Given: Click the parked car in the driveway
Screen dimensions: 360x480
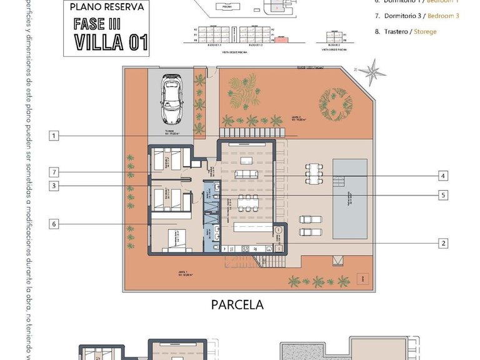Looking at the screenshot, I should click(171, 99).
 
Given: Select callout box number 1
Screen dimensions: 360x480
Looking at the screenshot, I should click(54, 136).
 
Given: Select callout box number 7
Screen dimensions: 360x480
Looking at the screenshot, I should click(54, 172).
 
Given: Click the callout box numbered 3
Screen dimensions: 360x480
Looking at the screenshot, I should click(54, 186).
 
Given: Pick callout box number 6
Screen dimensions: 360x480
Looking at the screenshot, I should click(54, 224).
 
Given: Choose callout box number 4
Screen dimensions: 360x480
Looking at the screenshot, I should click(442, 176).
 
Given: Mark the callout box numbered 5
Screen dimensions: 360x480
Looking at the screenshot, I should click(442, 195).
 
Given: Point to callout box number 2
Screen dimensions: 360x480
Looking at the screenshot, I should click(442, 243).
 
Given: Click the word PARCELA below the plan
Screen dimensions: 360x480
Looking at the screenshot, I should click(237, 306).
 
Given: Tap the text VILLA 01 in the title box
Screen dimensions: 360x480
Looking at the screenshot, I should click(111, 42).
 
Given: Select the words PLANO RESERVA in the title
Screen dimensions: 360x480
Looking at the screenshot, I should click(107, 8).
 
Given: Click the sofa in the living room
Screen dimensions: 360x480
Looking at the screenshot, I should click(246, 174).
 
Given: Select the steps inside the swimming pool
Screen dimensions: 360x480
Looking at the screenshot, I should click(341, 182).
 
